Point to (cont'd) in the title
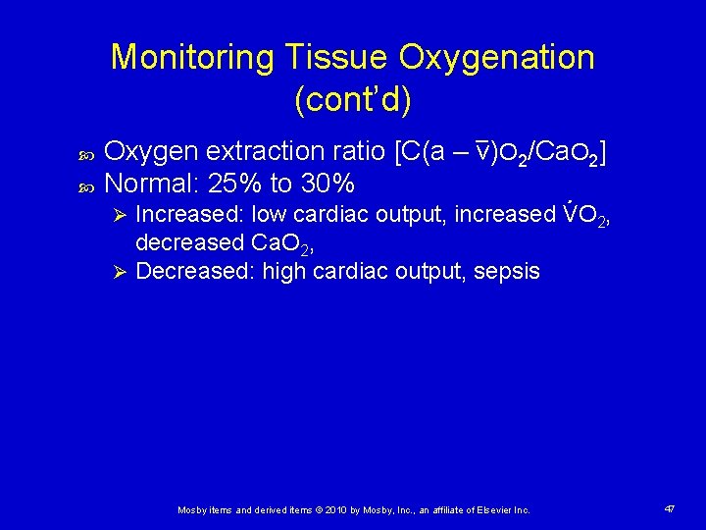tap(353, 100)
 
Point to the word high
tap(284, 271)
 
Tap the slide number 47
tap(670, 509)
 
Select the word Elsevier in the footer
tap(490, 510)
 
